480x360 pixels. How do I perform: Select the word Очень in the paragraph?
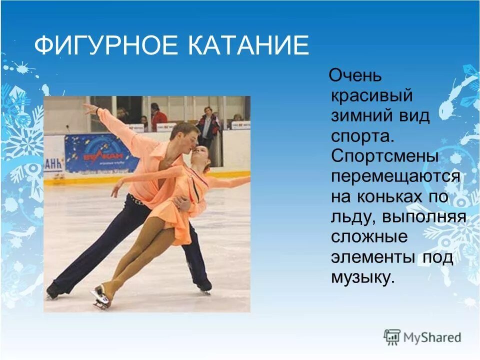point(356,76)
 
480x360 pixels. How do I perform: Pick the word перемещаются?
point(395,176)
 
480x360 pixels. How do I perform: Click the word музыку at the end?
point(362,276)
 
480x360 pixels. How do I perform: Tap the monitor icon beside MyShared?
point(392,336)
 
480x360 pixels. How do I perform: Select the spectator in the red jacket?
point(158,117)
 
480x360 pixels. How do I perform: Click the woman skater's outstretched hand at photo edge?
point(246,177)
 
